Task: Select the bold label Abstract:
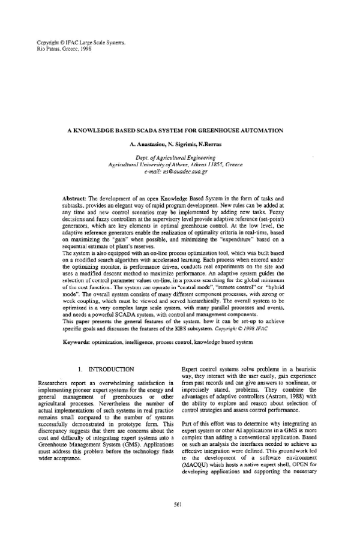click(77, 197)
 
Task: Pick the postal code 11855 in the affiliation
click(214, 164)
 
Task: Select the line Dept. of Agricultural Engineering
click(180, 157)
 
